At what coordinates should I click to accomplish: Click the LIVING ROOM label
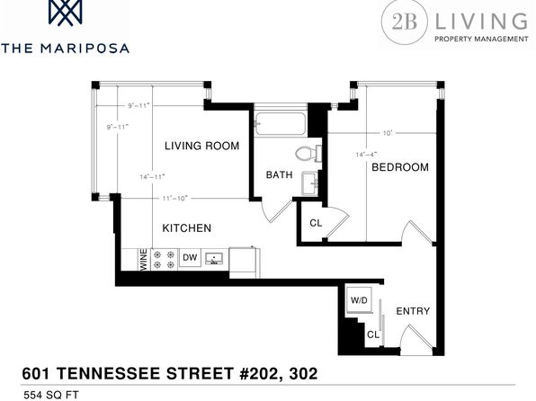tap(201, 146)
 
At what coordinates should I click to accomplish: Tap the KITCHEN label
tap(187, 228)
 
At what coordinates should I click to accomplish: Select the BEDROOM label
tap(400, 167)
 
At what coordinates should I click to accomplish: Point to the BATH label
tap(280, 174)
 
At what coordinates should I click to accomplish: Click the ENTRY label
tap(413, 311)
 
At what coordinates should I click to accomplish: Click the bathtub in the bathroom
tap(280, 123)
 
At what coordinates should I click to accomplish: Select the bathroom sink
tap(310, 183)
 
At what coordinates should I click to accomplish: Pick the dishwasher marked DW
tap(190, 257)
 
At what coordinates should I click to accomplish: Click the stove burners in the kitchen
tap(164, 260)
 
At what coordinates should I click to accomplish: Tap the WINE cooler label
tap(144, 260)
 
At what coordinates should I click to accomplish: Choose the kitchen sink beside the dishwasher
tap(214, 258)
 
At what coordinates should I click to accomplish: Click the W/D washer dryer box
tap(359, 300)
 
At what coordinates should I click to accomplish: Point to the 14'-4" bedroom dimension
tap(366, 155)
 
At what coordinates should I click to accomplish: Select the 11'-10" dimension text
tap(175, 199)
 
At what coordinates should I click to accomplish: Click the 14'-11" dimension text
tap(153, 177)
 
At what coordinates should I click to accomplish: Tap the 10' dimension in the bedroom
tap(388, 133)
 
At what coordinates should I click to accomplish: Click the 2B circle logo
tap(404, 22)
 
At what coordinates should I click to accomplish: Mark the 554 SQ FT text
tap(51, 395)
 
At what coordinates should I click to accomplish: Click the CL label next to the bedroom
tap(316, 223)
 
